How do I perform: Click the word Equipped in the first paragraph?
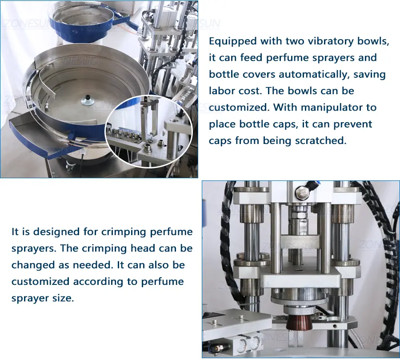tap(232, 41)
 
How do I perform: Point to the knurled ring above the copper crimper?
tap(300, 309)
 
